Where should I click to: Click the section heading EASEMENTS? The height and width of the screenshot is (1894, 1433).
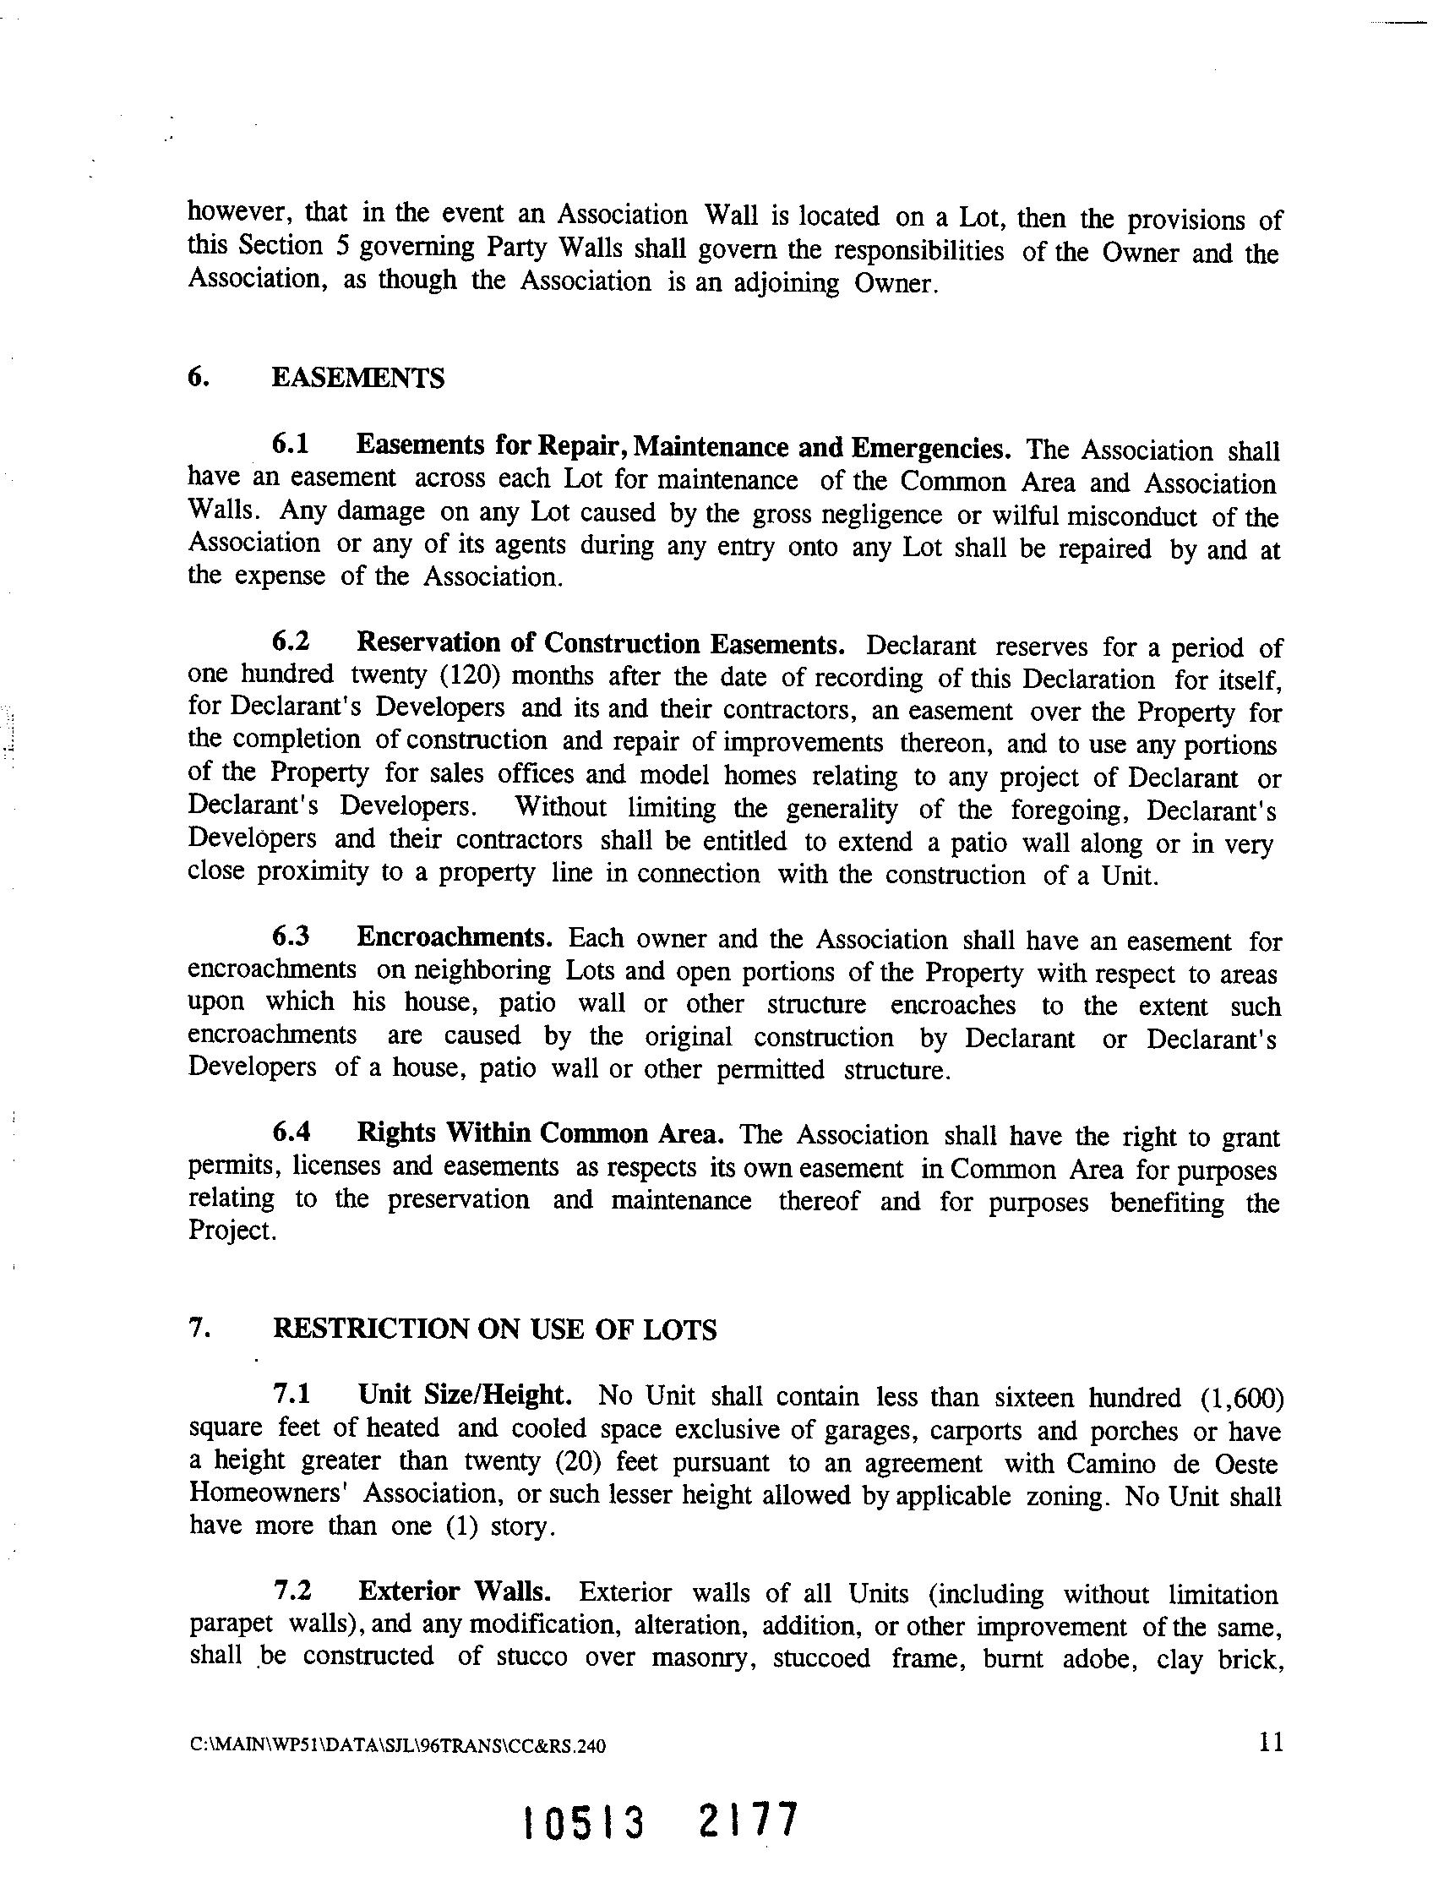357,378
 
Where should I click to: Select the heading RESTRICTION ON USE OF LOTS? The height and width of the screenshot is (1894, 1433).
494,1329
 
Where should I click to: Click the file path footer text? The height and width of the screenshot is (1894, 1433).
397,1746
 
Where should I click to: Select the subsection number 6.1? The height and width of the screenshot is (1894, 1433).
290,445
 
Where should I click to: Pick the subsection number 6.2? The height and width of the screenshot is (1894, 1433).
290,641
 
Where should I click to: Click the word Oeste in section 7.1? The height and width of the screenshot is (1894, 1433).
1248,1463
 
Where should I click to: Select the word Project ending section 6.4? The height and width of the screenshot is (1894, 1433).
232,1231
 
